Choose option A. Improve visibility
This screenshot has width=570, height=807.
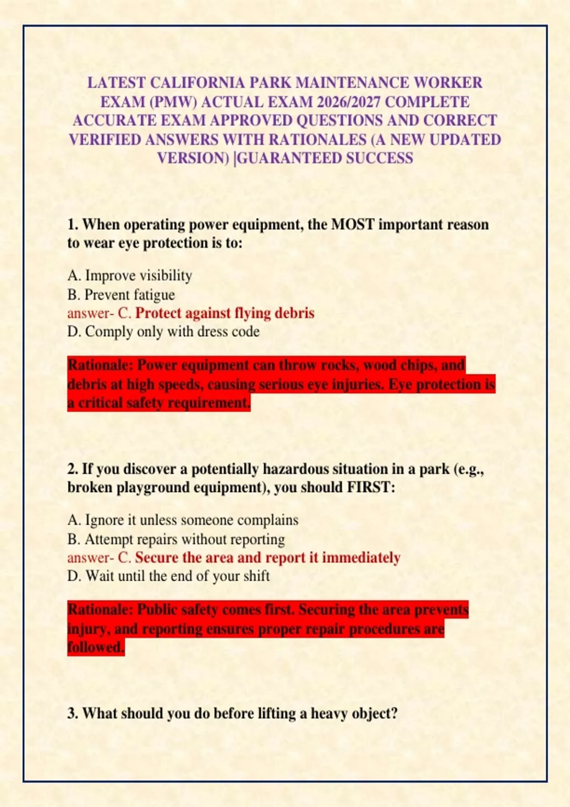tap(130, 276)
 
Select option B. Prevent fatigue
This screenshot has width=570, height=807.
tap(121, 295)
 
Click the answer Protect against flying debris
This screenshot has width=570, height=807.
tap(225, 313)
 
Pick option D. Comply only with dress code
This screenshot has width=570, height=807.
tap(163, 332)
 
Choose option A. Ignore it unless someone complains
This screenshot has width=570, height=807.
tap(183, 520)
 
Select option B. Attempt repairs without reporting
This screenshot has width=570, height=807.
tap(176, 539)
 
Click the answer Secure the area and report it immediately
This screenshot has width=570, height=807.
tap(267, 557)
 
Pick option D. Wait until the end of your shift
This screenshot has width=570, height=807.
tap(169, 576)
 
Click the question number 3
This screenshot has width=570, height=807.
tap(72, 713)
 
